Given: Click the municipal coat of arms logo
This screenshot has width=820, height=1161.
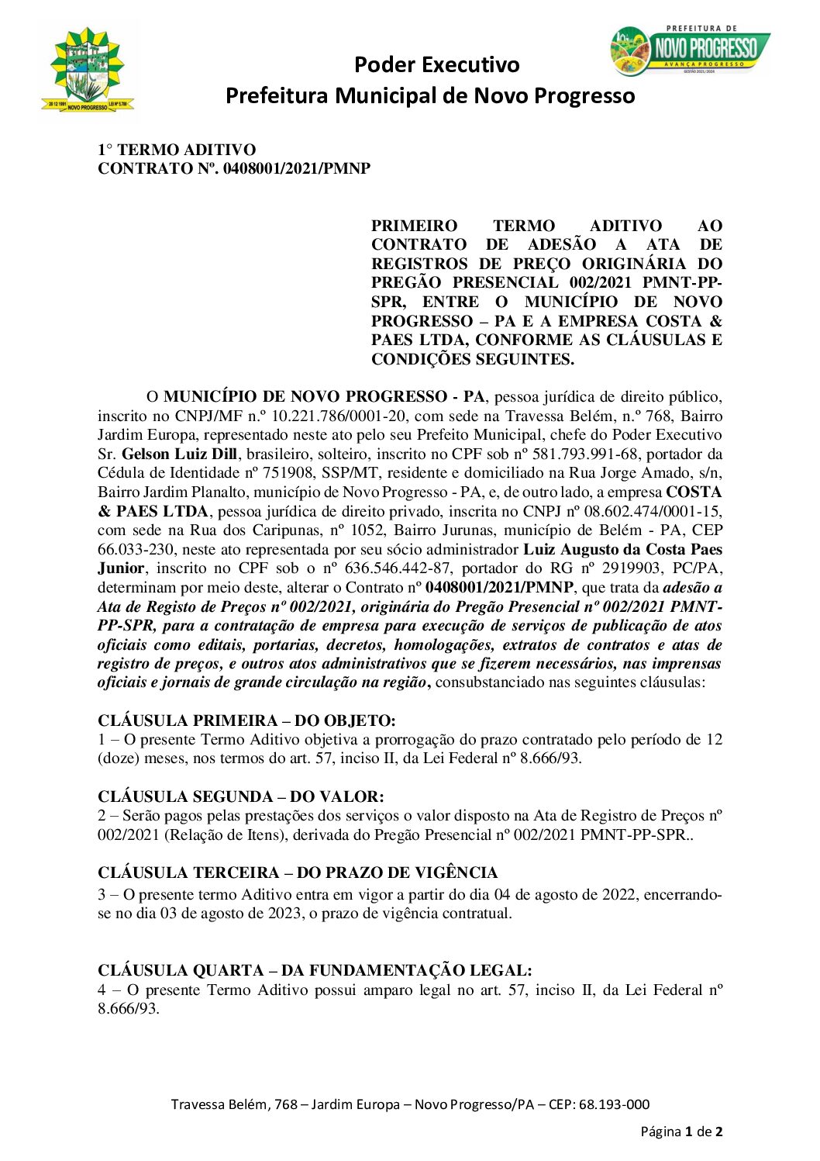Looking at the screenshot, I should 88,71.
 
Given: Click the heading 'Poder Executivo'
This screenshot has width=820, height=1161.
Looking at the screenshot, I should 436,64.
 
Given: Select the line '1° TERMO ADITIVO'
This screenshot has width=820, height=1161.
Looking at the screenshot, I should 177,150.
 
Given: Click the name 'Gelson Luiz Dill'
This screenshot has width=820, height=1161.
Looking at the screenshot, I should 180,454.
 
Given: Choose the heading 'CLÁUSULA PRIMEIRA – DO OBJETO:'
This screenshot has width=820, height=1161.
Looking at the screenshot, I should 246,720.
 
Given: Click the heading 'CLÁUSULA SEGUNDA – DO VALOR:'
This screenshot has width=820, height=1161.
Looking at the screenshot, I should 240,796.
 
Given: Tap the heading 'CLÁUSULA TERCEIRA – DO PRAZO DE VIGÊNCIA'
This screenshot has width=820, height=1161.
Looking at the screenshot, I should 298,872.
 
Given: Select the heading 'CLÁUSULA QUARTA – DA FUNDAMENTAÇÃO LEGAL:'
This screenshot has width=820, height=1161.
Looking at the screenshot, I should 315,970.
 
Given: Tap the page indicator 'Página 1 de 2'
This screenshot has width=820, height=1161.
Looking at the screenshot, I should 681,1132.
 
